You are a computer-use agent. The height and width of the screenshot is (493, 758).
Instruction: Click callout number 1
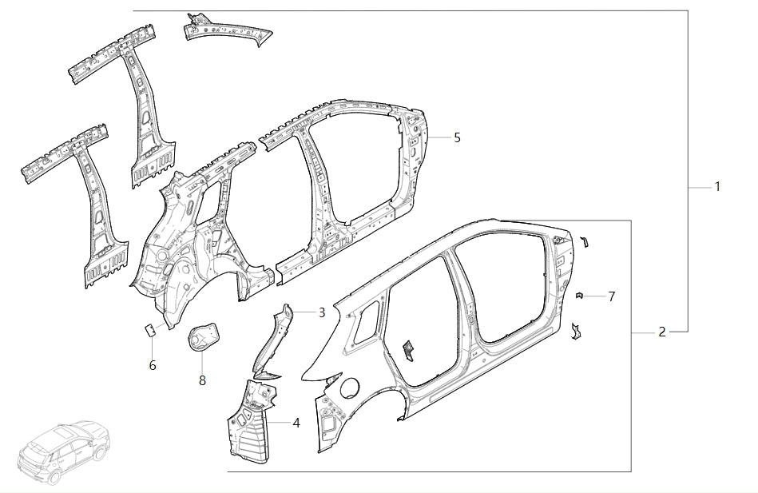coord(717,187)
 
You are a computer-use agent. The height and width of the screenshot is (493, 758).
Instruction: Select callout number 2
coord(662,332)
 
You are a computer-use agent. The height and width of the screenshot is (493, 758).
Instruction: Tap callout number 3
coord(322,312)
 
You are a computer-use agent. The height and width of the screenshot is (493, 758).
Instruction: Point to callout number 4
coord(296,422)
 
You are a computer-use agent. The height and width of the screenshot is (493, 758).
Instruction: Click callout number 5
coord(457,137)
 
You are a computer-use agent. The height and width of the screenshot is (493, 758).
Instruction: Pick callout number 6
coord(153,365)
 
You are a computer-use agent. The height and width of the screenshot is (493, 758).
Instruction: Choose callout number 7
coord(612,296)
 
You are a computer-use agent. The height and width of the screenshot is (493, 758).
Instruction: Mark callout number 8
coord(202,380)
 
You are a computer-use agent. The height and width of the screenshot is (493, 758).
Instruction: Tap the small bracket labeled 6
coord(149,328)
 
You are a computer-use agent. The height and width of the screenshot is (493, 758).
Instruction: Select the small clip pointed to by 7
coord(580,296)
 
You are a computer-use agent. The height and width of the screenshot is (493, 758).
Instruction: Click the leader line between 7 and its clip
coord(595,296)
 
